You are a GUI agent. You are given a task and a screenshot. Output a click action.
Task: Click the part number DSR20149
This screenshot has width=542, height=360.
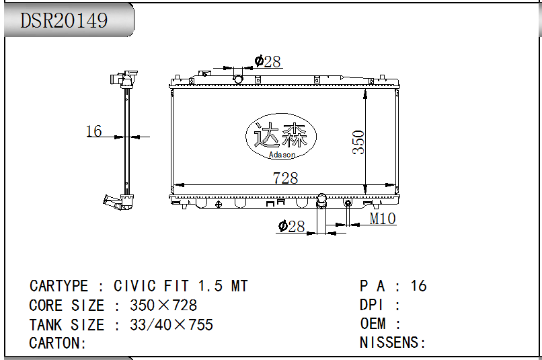[x=64, y=20]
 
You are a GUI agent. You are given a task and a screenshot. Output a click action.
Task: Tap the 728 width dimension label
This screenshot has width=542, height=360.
[x=285, y=178]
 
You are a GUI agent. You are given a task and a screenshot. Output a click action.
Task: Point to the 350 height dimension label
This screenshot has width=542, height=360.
[x=358, y=142]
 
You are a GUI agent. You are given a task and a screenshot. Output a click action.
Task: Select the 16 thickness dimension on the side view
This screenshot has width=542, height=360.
[x=93, y=131]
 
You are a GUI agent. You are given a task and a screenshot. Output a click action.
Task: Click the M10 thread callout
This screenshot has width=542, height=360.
[x=383, y=219]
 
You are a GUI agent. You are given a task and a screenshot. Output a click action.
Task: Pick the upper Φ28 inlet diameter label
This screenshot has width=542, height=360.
[x=268, y=61]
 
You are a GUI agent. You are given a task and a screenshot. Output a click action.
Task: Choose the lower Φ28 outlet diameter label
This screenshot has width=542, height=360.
[x=291, y=227]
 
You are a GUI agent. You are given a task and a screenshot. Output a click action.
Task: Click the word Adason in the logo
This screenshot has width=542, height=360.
[x=282, y=155]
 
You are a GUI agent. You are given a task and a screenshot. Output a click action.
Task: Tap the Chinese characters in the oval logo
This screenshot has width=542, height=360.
[x=280, y=135]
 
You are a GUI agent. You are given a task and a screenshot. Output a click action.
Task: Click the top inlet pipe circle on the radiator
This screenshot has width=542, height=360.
[x=238, y=79]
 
